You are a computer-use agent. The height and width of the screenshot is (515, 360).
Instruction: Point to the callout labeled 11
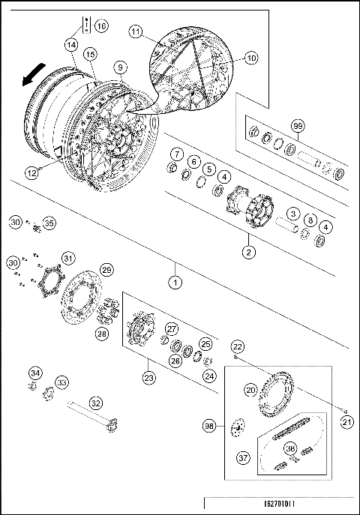[136, 31]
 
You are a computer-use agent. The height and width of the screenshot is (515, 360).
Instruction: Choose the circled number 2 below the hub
[248, 252]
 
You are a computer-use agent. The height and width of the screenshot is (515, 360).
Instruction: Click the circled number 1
[175, 283]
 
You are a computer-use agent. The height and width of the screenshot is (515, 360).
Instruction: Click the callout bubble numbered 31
[67, 259]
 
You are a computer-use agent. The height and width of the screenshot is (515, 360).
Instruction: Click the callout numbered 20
[250, 389]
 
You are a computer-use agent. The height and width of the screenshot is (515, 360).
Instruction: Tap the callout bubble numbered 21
[346, 422]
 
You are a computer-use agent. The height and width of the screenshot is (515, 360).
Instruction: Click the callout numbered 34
[35, 373]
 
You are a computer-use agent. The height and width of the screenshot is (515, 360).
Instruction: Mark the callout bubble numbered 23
[149, 378]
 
